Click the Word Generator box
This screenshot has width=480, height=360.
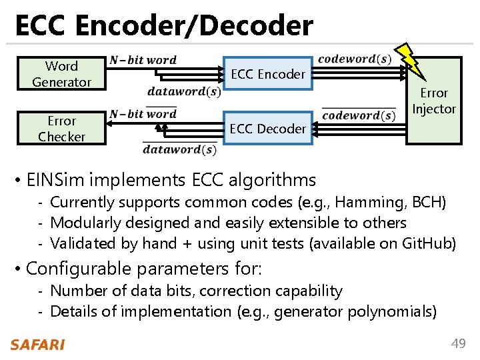point(61,74)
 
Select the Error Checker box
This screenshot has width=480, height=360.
point(61,129)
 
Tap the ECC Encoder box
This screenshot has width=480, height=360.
point(267,74)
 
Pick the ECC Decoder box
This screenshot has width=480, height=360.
point(267,129)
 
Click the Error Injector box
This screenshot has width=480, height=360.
point(434,101)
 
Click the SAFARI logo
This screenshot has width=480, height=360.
point(37,344)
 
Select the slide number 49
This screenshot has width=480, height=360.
point(458,343)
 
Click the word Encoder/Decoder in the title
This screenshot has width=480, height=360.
point(194,26)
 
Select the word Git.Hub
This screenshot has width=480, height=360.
point(429,244)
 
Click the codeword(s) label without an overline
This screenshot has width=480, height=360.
point(354,59)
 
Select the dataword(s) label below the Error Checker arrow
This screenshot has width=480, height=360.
point(179,149)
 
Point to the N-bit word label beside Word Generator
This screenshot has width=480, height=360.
point(143,60)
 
